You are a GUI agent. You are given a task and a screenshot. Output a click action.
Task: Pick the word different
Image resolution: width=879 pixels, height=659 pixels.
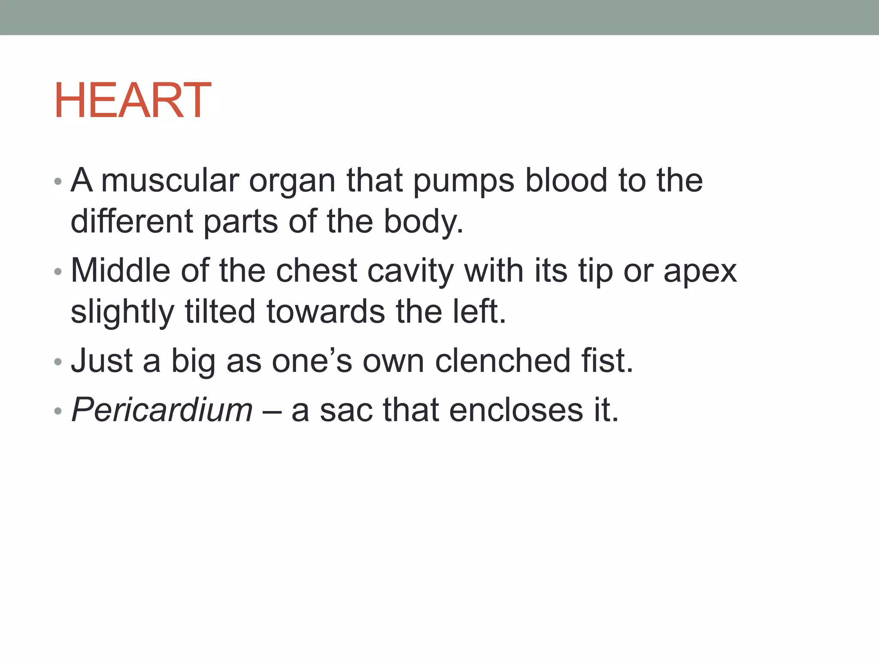[132, 221]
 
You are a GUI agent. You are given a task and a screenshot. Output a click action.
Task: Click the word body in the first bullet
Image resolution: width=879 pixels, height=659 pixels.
[422, 222]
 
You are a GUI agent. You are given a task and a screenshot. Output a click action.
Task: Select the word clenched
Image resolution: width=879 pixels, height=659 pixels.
[503, 360]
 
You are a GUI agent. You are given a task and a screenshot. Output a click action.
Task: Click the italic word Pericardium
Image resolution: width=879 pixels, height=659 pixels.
[162, 410]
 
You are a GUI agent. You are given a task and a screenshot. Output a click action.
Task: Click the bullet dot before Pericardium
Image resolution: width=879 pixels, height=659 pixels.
[58, 411]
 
